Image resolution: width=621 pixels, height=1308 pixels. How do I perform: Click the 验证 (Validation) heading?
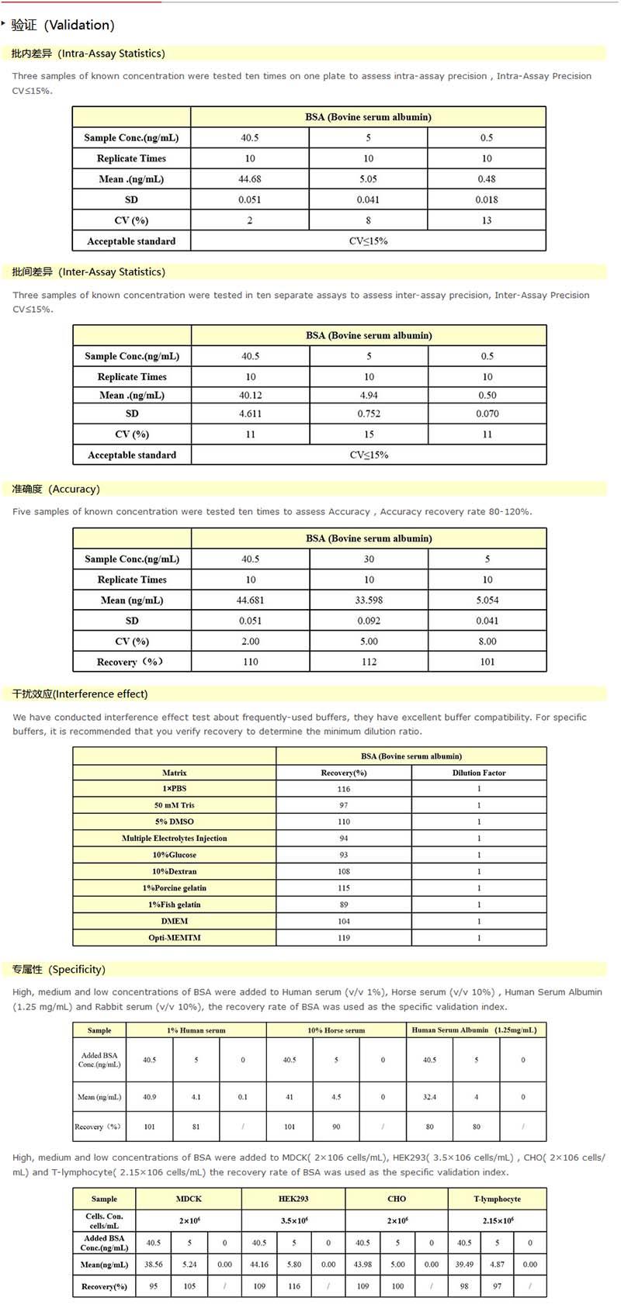click(63, 25)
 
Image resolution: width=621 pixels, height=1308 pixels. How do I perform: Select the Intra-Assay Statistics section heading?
click(88, 54)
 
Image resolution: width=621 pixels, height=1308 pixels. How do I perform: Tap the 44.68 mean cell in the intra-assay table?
click(250, 179)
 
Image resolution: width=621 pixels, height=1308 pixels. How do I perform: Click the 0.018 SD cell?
click(487, 199)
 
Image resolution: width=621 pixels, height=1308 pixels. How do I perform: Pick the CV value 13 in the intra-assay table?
click(487, 220)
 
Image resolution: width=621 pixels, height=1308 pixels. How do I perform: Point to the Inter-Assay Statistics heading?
click(88, 272)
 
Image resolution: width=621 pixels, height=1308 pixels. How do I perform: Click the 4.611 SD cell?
click(250, 414)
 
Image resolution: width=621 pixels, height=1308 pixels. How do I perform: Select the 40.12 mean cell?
click(250, 395)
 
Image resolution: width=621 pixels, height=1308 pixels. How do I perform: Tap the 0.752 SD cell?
click(369, 414)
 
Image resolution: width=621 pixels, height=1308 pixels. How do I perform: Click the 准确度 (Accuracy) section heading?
click(56, 489)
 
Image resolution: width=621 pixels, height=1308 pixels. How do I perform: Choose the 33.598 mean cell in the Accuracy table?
click(369, 600)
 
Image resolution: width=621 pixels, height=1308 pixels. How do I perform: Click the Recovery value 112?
click(369, 662)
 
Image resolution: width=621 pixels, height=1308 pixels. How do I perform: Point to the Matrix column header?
click(175, 773)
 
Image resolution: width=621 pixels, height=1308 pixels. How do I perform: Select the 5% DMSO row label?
click(175, 822)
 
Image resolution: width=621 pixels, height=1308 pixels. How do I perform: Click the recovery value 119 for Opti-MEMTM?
click(344, 938)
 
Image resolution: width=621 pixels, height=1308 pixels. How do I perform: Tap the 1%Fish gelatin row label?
click(175, 905)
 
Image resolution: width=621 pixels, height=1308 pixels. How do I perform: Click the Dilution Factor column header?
click(479, 773)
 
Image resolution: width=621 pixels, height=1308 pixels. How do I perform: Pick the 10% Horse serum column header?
click(336, 1030)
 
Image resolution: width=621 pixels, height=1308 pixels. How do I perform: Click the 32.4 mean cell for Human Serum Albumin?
click(429, 1097)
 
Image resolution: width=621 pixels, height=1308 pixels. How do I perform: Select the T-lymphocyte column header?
click(498, 1199)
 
